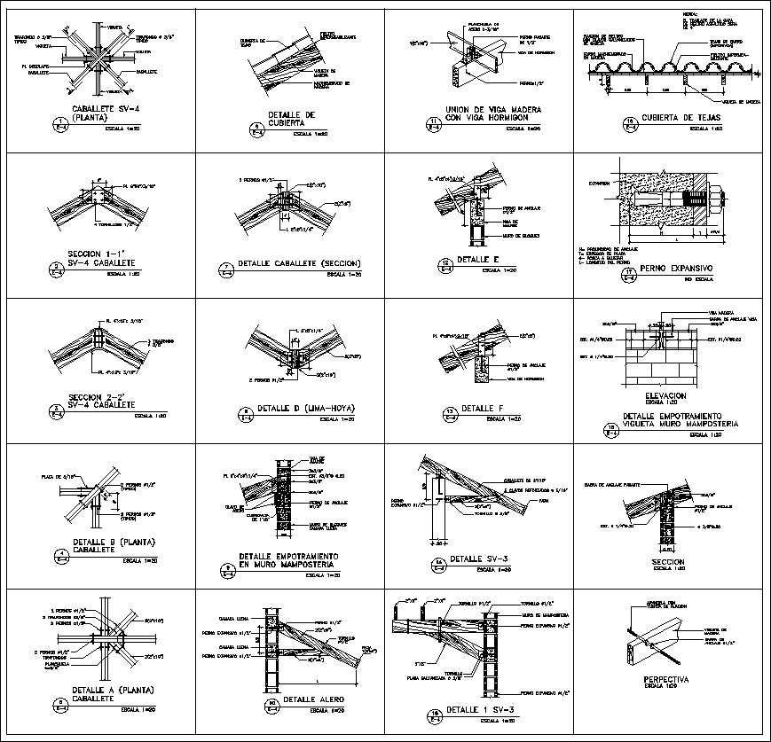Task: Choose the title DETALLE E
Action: click(x=479, y=260)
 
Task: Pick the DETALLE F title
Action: click(x=479, y=408)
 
